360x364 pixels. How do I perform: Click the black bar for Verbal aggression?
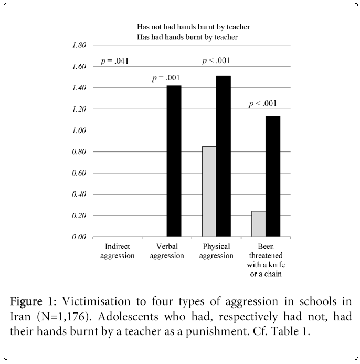tap(174, 161)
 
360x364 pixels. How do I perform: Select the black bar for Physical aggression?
tap(223, 156)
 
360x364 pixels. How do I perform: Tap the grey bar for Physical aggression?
tap(209, 191)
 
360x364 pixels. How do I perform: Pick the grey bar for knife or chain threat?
tap(258, 224)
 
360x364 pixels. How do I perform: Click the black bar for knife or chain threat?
tap(272, 176)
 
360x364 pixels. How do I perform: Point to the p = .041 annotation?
tap(115, 62)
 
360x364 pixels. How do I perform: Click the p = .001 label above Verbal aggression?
tap(166, 78)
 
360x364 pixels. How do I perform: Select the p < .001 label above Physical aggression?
tap(216, 62)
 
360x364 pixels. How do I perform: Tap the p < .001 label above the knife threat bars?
tap(262, 103)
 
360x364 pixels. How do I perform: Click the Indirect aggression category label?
tap(118, 250)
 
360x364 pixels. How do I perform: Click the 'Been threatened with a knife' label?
tap(265, 260)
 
